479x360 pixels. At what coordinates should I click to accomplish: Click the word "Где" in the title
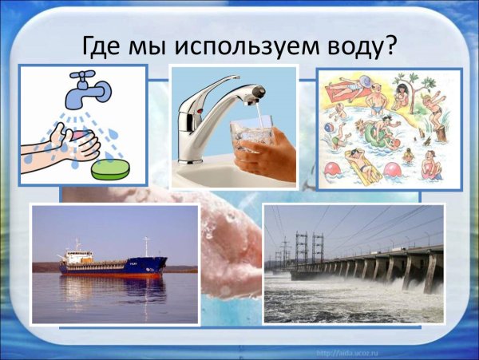pos(105,45)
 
